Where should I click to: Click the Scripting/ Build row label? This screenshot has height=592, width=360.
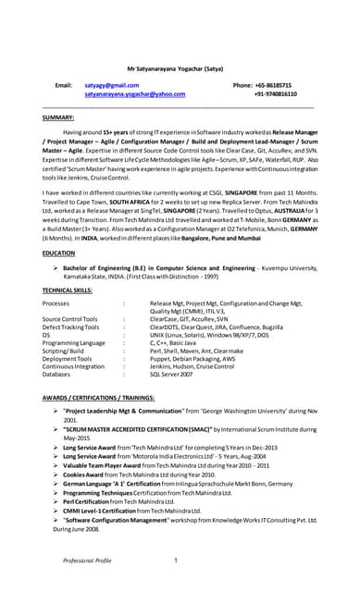(x=68, y=350)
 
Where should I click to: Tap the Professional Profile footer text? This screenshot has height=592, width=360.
(x=87, y=561)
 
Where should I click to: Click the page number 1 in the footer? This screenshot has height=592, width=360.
(x=174, y=561)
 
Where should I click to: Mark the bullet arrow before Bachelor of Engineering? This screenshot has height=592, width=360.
(x=56, y=265)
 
